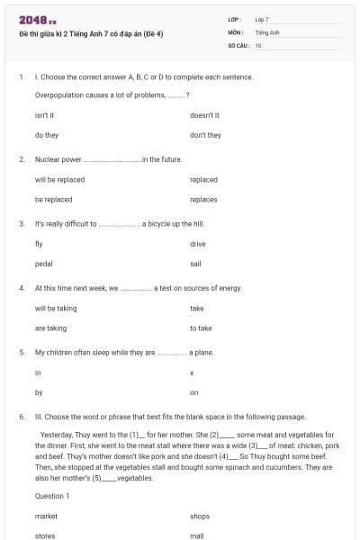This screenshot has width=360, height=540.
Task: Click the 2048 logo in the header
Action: point(37,20)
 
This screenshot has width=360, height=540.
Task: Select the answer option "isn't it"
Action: point(45,115)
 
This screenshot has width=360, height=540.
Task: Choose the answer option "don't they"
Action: point(205,135)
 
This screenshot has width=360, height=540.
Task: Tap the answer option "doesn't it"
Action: point(205,115)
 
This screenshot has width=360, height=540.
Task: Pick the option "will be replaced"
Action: point(59,179)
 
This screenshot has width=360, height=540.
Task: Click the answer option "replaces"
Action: point(203,199)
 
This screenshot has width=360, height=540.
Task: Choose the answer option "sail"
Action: point(196,264)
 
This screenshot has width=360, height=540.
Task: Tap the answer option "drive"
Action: point(198,244)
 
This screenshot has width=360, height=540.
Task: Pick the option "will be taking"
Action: point(56,308)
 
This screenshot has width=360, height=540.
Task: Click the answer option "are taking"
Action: point(50,328)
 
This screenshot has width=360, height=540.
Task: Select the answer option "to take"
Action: point(201,328)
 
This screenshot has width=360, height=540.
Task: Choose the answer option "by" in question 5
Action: point(38,392)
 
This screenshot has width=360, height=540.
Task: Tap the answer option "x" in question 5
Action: point(192,373)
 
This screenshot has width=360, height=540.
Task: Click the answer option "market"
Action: point(46,516)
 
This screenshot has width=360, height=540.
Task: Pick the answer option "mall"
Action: point(196,535)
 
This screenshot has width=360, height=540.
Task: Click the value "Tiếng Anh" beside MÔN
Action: point(266,31)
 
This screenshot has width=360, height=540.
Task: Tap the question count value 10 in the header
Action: point(258,44)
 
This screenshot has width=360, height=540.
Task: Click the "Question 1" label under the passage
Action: point(51,496)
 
